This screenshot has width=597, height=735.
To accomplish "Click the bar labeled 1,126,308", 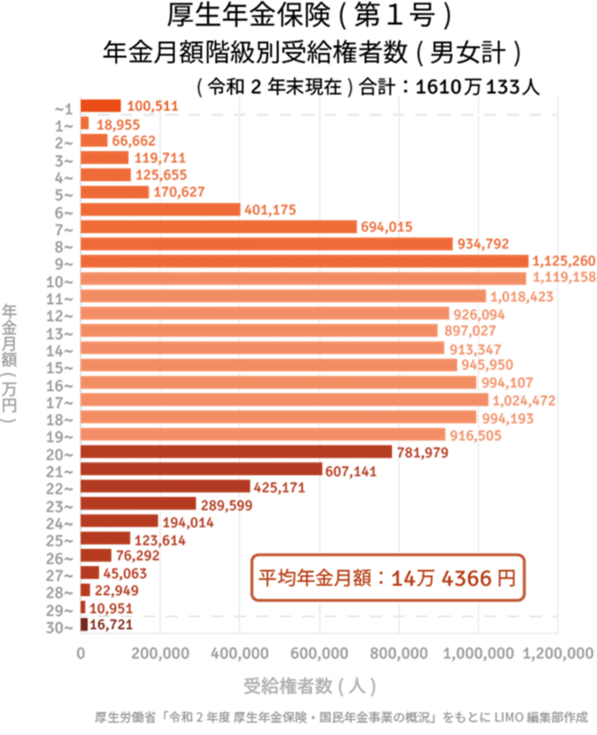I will coord(304,261).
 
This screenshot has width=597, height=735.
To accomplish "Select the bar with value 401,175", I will coord(160,209).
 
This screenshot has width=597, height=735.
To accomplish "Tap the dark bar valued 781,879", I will coord(236,452).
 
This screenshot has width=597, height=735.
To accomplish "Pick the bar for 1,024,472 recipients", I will coord(284,400).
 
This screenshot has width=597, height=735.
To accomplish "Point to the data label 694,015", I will coord(387,227).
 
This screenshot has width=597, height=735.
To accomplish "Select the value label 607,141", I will coord(352,470).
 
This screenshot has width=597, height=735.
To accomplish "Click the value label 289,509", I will coord(226,505).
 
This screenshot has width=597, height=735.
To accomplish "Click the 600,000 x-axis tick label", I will coord(319,653).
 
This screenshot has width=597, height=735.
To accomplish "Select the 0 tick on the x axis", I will coord(81,653).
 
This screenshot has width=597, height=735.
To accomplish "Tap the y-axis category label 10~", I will coord(65,279).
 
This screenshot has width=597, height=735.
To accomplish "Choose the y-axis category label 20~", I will coord(65,452).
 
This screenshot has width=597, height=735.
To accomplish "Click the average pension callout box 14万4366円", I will coord(386,578).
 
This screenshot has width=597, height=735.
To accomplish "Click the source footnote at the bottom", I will coord(341,717).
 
